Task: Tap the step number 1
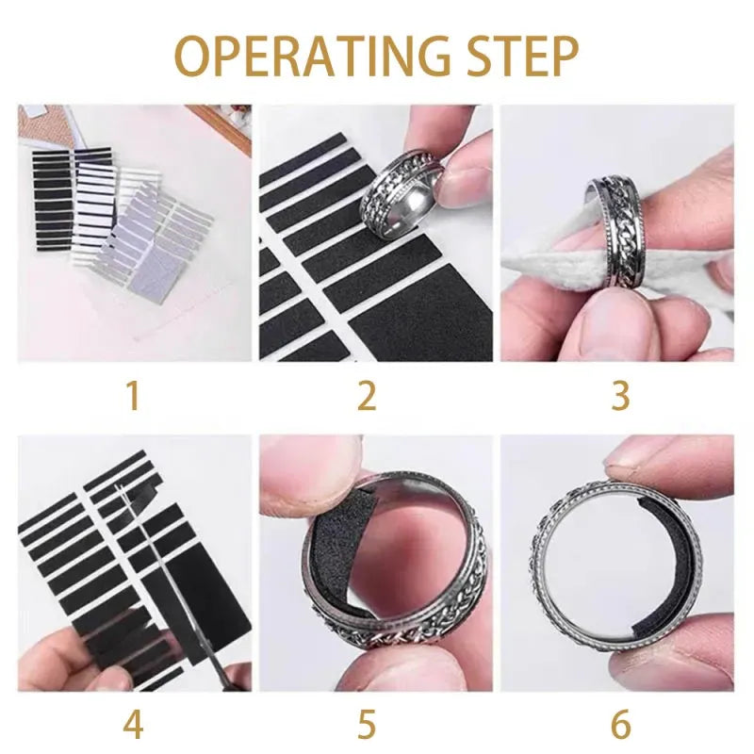pyautogui.click(x=133, y=396)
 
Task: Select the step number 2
pyautogui.click(x=367, y=396)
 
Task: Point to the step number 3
pyautogui.click(x=619, y=396)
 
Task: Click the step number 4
pyautogui.click(x=133, y=725)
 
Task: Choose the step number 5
pyautogui.click(x=367, y=725)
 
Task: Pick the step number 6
pyautogui.click(x=619, y=725)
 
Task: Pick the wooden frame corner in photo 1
pyautogui.click(x=226, y=127)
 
